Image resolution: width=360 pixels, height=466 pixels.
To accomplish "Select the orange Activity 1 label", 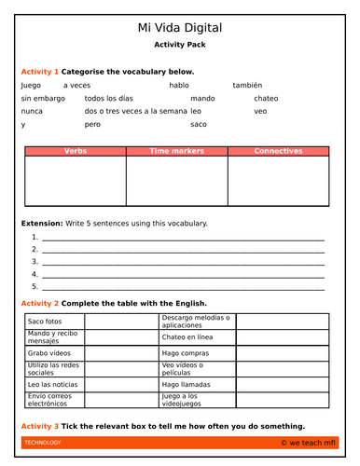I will point(39,71).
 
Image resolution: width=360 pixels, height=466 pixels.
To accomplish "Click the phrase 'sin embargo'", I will point(41,98).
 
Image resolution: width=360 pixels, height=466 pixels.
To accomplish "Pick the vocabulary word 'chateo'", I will point(266,98).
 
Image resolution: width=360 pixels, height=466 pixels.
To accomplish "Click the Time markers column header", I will point(176,150).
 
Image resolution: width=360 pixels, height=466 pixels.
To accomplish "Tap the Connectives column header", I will point(278,150).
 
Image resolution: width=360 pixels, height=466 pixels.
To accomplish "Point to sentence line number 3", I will point(177,262).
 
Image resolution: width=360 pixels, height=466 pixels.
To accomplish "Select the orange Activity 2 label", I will point(39,304).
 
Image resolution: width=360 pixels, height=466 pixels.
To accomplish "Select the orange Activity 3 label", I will point(39,426).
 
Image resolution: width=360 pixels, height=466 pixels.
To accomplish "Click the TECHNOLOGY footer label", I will point(43,443).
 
